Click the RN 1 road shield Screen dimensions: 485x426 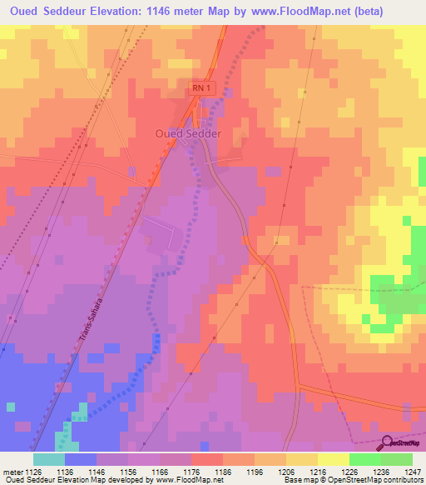[198, 87]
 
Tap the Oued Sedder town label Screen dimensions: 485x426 [188, 133]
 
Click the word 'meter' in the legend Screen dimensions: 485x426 [12, 472]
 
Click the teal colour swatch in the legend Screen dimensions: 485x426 [49, 459]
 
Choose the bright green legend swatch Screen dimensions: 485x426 [365, 459]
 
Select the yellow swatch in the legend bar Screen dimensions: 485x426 [333, 459]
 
